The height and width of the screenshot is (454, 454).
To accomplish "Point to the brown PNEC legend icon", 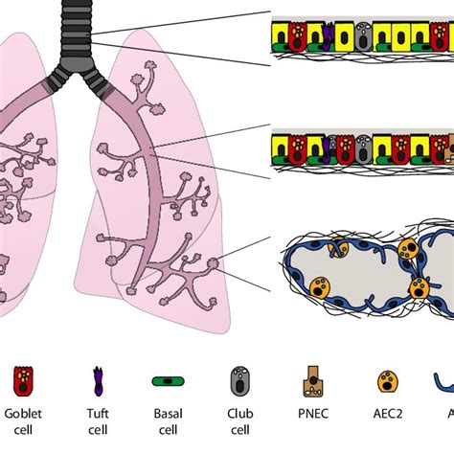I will tap(312, 382).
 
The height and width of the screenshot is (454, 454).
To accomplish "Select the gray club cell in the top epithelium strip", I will tap(362, 35).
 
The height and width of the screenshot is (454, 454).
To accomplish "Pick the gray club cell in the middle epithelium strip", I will tap(362, 148).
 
